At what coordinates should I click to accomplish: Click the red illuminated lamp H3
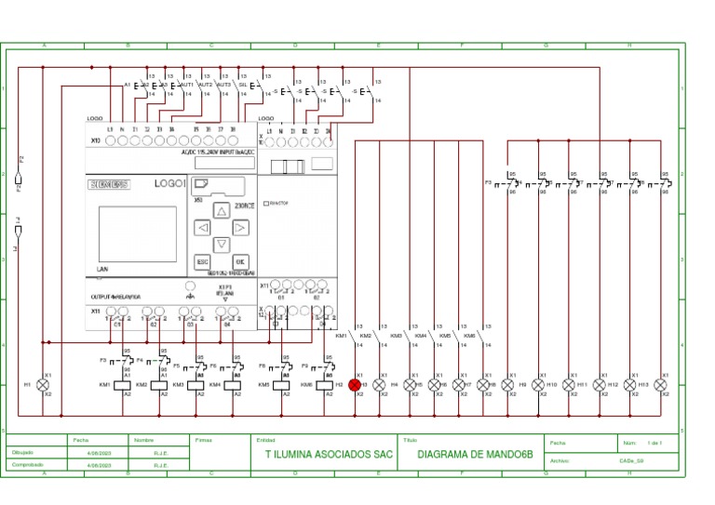(355, 384)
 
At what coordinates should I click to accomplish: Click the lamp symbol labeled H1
(42, 384)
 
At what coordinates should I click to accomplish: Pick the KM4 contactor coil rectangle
(230, 384)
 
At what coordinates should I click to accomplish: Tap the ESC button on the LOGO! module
(202, 263)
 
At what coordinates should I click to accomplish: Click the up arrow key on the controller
(222, 210)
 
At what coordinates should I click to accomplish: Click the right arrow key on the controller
(240, 227)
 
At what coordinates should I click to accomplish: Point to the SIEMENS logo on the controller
(110, 185)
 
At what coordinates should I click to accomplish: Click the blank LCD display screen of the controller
(137, 233)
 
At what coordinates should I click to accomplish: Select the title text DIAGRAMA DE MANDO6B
(474, 456)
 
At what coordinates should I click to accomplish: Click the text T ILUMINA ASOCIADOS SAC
(323, 456)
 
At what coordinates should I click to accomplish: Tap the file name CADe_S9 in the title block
(631, 459)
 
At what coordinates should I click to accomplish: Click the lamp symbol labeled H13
(629, 384)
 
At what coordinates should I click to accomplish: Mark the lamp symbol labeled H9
(507, 384)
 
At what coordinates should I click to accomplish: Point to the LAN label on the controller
(102, 268)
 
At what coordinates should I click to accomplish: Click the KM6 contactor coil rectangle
(325, 384)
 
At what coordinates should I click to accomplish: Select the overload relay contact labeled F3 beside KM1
(117, 359)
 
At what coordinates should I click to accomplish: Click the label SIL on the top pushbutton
(243, 85)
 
